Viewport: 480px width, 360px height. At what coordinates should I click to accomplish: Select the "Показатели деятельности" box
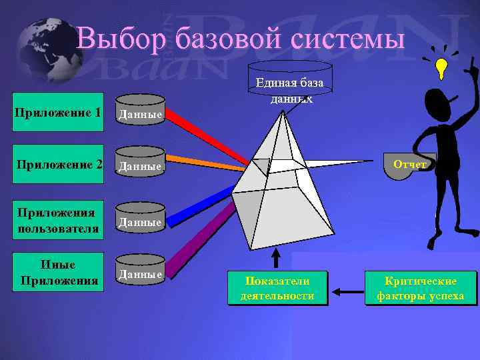click(277, 288)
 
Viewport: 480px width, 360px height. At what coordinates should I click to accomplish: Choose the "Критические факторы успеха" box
click(421, 288)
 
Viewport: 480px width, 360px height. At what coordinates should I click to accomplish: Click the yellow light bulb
click(441, 66)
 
